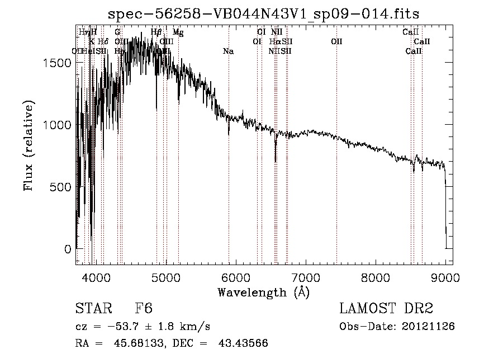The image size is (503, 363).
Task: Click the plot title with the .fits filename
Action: [263, 13]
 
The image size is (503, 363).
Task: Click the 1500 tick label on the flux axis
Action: [57, 63]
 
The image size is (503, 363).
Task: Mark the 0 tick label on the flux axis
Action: [68, 249]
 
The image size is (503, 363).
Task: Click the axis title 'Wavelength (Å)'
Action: [263, 292]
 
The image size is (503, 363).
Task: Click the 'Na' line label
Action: [228, 51]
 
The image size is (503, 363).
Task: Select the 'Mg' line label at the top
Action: [177, 32]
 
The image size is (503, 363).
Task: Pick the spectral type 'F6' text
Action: [144, 309]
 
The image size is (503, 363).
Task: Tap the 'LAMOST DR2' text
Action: [386, 309]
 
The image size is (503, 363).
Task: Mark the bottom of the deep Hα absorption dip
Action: [276, 161]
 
